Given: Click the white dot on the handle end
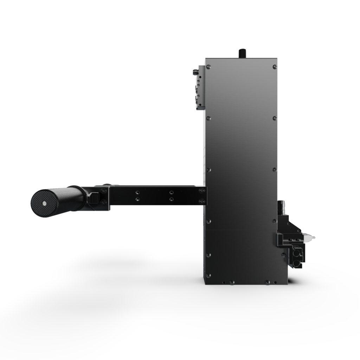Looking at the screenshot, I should (45, 204).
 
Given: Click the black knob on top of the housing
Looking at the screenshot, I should (242, 53).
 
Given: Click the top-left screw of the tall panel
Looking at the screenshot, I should (209, 66).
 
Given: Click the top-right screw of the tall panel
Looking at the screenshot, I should (274, 66).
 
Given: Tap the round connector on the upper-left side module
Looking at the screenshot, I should (194, 73).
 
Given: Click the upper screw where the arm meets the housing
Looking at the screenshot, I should (201, 191).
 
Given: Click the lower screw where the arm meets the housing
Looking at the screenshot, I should (201, 201).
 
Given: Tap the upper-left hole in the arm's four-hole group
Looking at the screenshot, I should (137, 192).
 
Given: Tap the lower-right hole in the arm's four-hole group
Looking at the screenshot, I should (171, 199).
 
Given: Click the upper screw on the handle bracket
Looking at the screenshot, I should (103, 191).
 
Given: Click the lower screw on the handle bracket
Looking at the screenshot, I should (103, 202).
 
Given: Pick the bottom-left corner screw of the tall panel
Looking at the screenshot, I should (209, 276).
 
